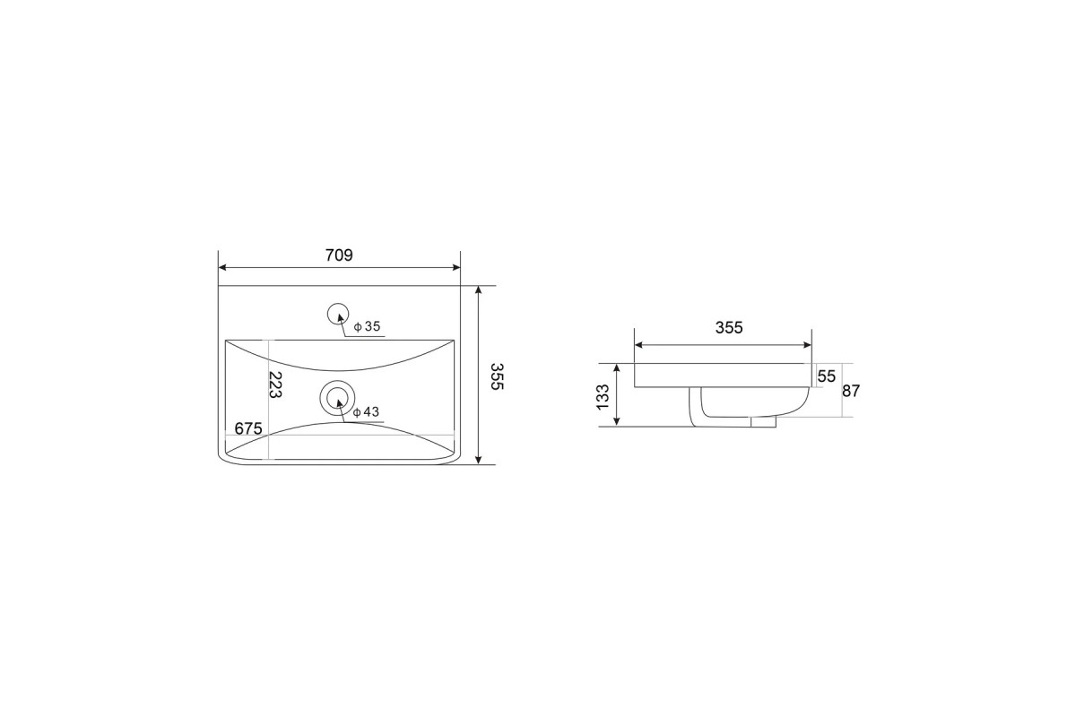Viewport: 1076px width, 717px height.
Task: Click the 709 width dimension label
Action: (339, 255)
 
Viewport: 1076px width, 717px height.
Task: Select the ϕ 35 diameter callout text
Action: (367, 326)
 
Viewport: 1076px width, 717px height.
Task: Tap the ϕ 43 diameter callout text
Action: (366, 412)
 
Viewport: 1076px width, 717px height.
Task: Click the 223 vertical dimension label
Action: (274, 384)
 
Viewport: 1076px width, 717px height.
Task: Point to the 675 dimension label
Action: (248, 428)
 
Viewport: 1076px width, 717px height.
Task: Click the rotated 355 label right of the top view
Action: (497, 376)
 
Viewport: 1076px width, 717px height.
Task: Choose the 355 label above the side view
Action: (729, 327)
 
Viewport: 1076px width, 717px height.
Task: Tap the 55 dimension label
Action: (826, 376)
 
